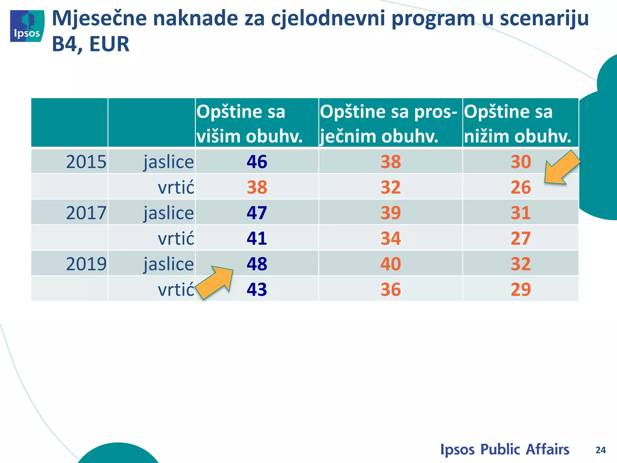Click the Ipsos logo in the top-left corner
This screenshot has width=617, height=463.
[27, 26]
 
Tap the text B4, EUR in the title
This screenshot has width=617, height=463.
[91, 44]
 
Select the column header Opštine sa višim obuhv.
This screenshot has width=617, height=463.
[249, 124]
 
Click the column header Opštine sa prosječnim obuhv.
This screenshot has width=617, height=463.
[389, 124]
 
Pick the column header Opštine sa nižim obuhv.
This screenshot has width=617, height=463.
[518, 124]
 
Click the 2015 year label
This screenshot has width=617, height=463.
[86, 162]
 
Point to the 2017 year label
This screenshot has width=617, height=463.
[86, 213]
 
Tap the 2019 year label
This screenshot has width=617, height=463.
[86, 264]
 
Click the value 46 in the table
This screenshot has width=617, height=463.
[257, 162]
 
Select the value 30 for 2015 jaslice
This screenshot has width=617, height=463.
[521, 162]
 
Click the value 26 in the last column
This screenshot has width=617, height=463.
[521, 187]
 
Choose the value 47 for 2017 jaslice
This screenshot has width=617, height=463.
[257, 213]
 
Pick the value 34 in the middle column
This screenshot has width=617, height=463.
[390, 238]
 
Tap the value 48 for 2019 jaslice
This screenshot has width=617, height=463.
[257, 264]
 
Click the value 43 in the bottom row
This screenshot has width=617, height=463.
[257, 290]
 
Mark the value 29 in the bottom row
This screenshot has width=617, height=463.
[521, 290]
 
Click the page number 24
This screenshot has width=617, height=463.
[600, 450]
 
